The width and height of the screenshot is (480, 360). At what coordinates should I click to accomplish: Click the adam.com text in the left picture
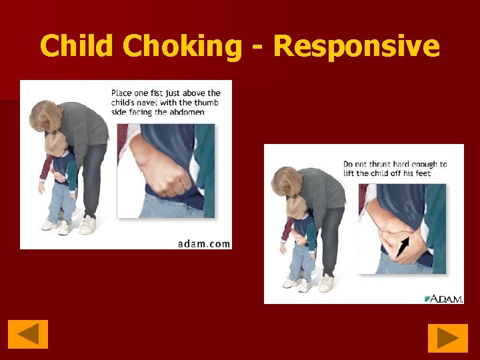click(x=204, y=243)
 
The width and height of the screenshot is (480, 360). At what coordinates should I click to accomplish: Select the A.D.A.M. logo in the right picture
click(x=444, y=299)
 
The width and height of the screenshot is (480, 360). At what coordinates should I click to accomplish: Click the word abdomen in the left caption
click(x=186, y=112)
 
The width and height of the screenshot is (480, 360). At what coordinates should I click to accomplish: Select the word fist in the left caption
click(x=148, y=93)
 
